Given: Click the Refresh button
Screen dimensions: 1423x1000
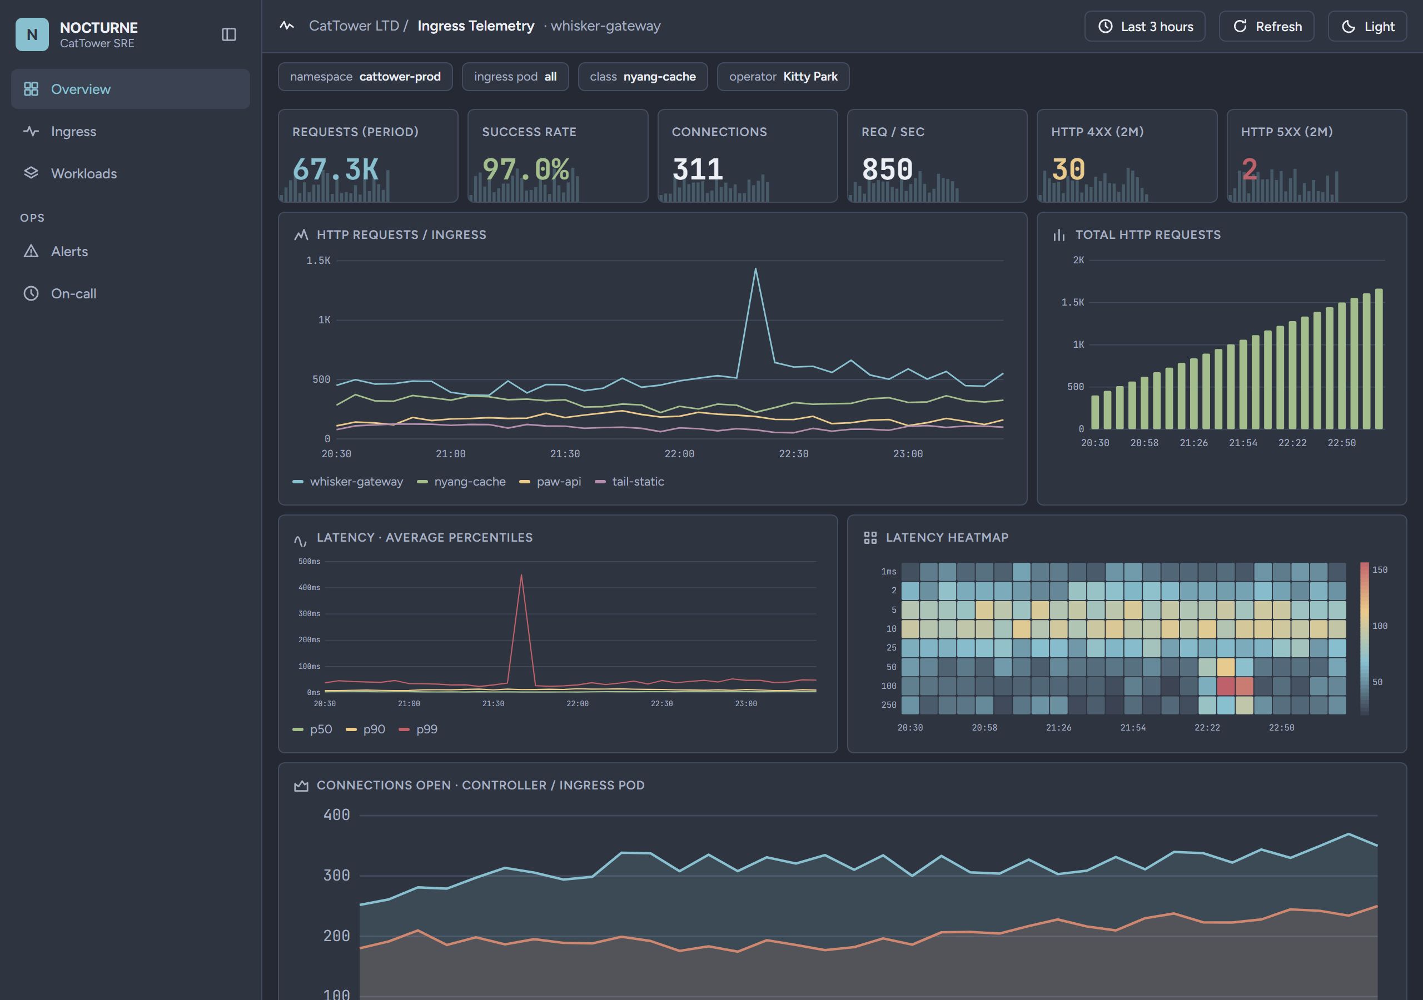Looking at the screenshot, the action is click(1266, 26).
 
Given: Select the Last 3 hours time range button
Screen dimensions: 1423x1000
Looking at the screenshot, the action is click(1145, 26).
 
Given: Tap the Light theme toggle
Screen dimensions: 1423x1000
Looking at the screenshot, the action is click(1367, 26).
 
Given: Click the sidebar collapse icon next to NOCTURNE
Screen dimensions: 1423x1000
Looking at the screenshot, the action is click(228, 34).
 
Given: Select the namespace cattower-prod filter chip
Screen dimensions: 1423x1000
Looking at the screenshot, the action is click(365, 77).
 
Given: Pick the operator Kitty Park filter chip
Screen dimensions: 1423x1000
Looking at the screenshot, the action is click(783, 77).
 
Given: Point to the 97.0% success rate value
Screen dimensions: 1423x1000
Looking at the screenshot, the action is click(526, 169).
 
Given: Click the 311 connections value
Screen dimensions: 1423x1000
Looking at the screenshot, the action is click(698, 169).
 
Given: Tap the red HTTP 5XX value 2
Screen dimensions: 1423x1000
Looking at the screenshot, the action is click(1250, 169).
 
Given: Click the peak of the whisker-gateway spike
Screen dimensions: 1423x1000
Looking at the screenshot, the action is click(755, 268).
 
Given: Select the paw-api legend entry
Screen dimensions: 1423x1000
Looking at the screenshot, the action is click(550, 482).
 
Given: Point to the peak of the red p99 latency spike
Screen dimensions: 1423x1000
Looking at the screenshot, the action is click(521, 574).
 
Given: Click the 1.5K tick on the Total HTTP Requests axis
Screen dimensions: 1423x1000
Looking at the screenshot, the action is click(1072, 302).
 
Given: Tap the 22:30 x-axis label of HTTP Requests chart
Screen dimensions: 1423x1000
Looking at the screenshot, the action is click(793, 454).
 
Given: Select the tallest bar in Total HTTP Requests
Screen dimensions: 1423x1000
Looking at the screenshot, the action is click(1379, 359).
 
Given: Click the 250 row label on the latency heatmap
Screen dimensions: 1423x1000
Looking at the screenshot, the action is click(889, 705).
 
